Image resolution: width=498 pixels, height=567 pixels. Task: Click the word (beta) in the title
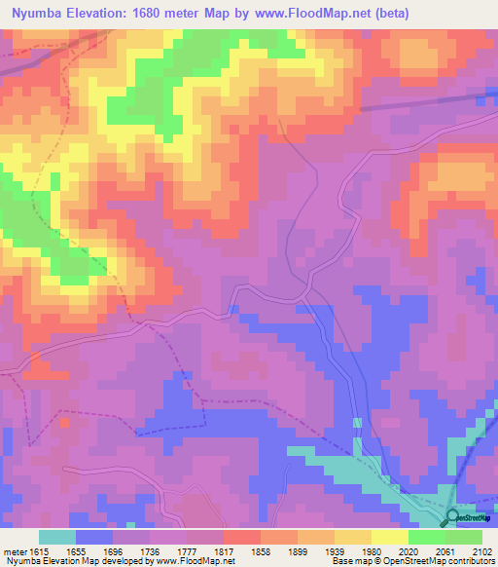[x=387, y=14]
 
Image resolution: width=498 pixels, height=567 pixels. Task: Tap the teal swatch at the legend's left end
[x=56, y=537]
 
